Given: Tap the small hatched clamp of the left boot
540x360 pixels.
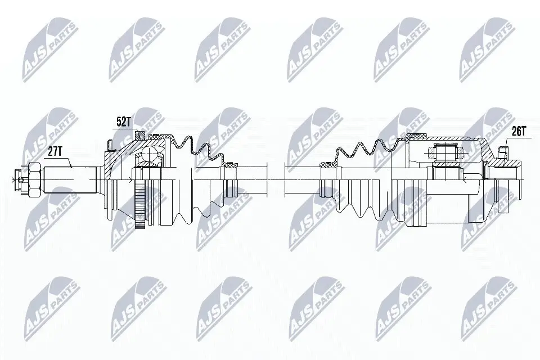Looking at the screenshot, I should click(x=230, y=166).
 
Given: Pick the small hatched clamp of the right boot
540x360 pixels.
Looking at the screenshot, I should click(x=326, y=166).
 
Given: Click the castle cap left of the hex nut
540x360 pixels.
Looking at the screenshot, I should click(x=21, y=179).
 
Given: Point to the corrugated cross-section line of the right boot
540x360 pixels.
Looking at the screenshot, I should click(x=360, y=147).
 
